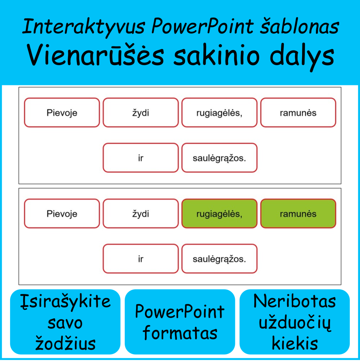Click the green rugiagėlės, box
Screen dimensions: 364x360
click(219, 214)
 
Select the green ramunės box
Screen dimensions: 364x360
click(298, 214)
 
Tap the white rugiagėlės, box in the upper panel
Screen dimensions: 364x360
click(219, 112)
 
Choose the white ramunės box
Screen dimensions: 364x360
click(298, 112)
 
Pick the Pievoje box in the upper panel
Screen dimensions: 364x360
click(62, 112)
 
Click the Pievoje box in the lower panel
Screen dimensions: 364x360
click(62, 214)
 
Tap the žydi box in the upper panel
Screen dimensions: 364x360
click(141, 112)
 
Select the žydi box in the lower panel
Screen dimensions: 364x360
click(141, 214)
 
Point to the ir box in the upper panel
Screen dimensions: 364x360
click(141, 158)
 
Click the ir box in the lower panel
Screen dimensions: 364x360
click(141, 259)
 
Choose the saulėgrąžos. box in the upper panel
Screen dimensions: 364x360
click(219, 158)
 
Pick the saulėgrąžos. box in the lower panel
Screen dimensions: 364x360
click(219, 259)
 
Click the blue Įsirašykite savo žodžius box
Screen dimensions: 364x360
click(65, 322)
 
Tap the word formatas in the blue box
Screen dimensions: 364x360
click(180, 333)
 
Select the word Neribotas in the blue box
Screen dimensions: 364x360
click(294, 301)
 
